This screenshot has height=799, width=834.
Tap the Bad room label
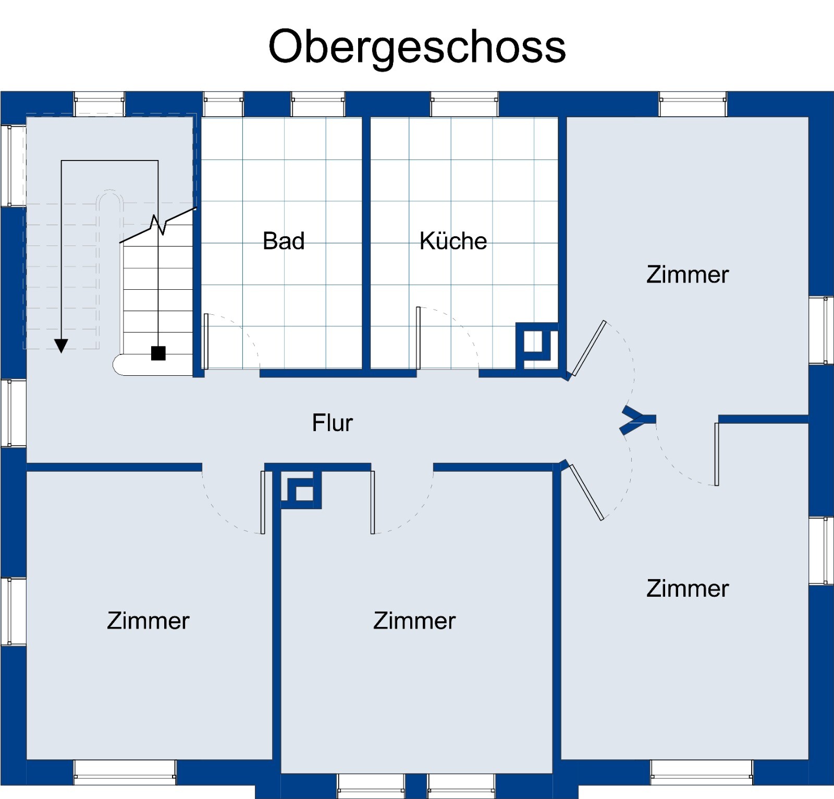point(284,241)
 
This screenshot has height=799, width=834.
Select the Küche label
point(453,241)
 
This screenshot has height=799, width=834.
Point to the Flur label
point(332,423)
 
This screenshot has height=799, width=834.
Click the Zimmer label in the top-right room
point(688,275)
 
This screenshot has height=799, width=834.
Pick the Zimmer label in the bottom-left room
point(148,621)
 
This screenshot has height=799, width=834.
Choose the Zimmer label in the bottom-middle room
point(414,621)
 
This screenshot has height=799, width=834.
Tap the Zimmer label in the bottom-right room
point(688,588)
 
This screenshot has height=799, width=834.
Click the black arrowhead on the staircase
point(62,346)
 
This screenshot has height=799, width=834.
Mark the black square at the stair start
point(158,353)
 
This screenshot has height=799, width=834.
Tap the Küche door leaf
point(418,338)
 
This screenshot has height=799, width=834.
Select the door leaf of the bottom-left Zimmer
point(263,502)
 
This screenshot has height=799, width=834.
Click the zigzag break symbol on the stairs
point(158,225)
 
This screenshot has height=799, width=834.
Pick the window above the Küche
point(464,104)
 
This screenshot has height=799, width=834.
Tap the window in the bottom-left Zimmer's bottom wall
point(125,772)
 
